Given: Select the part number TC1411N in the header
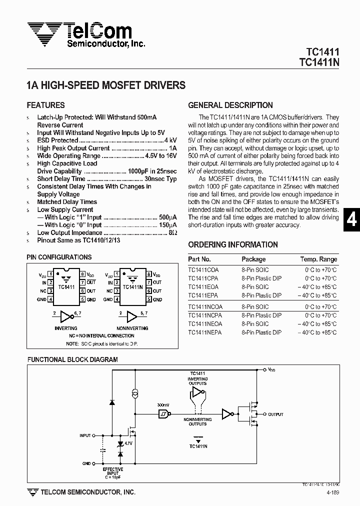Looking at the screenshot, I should pos(319,62).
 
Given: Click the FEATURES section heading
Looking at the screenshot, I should pos(45,105).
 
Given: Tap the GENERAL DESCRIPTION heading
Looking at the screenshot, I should pos(230,105).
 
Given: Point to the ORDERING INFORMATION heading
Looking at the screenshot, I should pos(233,244).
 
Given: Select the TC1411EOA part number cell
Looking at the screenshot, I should pos(203,287).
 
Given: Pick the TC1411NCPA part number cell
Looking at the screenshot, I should pos(206,315).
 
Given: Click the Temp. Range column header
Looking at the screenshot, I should pos(318,259).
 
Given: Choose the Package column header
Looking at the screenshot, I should pos(253,259).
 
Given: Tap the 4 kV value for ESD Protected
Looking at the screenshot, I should pos(170,140).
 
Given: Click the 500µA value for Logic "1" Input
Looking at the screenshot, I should pos(168,217).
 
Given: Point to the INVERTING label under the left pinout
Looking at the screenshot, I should pos(65,328).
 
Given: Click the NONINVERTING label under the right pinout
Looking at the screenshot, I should pos(132,328).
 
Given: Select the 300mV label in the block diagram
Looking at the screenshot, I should pos(163,405).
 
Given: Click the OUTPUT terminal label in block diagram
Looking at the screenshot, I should pos(275,414).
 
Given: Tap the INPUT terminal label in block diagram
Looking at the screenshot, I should pos(85,435).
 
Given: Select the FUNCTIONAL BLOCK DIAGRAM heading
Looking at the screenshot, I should pos(72,359).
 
